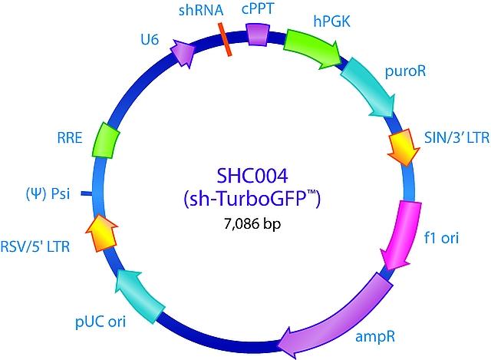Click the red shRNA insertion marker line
pyautogui.click(x=225, y=39)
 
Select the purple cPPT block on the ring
pyautogui.click(x=258, y=35)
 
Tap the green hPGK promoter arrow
pyautogui.click(x=311, y=48)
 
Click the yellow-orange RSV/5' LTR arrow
pyautogui.click(x=102, y=233)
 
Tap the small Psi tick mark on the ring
pyautogui.click(x=87, y=194)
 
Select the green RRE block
pyautogui.click(x=106, y=140)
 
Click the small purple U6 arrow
pyautogui.click(x=183, y=53)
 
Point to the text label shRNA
pyautogui.click(x=201, y=10)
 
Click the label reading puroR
pyautogui.click(x=405, y=71)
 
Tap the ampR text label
pyautogui.click(x=375, y=337)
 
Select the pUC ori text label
pyautogui.click(x=101, y=322)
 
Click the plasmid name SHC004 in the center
pyautogui.click(x=252, y=176)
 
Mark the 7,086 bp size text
pyautogui.click(x=252, y=223)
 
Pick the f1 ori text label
pyautogui.click(x=441, y=238)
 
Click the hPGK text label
pyautogui.click(x=331, y=21)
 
